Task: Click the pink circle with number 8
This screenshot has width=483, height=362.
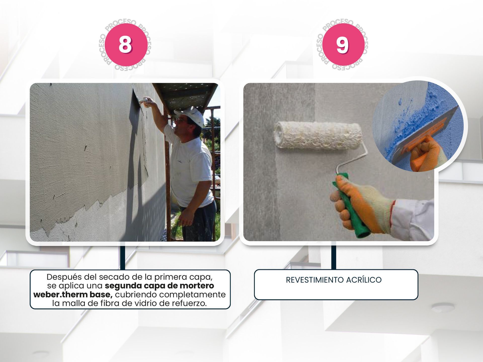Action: click(126, 45)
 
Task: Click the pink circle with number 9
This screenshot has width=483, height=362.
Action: click(343, 45)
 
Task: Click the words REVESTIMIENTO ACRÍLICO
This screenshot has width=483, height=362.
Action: click(334, 280)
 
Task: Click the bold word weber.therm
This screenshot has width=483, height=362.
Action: click(60, 294)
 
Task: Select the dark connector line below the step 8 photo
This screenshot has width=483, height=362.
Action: click(123, 256)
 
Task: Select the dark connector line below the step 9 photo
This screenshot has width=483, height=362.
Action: click(334, 255)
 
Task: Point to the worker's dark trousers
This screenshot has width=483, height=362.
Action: click(199, 221)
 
